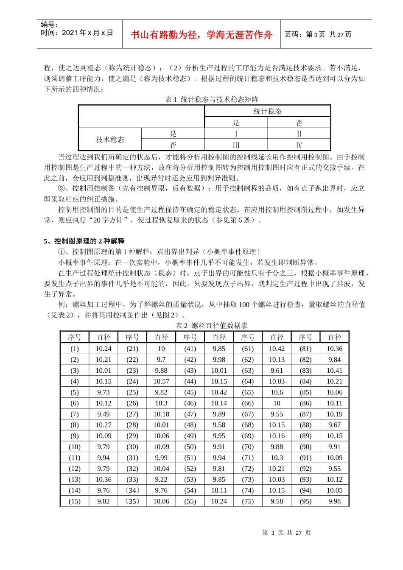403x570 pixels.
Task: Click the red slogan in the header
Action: (201, 35)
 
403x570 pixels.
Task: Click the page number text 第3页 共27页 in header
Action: (318, 34)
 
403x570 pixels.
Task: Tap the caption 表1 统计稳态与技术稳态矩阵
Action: (212, 99)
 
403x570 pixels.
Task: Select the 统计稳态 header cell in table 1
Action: (267, 111)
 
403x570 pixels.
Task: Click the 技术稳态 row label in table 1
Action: (110, 139)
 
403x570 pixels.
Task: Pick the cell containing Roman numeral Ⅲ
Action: (236, 145)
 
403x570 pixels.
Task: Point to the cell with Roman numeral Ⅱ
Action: (299, 134)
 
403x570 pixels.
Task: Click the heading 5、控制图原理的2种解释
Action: (84, 241)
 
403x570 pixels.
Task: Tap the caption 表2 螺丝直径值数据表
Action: (212, 325)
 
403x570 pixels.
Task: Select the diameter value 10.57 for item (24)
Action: (161, 381)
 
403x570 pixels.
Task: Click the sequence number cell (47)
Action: (190, 414)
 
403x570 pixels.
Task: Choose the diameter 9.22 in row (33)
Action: (161, 479)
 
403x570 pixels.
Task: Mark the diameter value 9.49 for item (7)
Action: (104, 414)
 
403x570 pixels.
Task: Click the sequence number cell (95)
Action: (305, 501)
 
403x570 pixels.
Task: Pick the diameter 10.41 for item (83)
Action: (334, 370)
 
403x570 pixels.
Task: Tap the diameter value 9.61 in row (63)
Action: (277, 370)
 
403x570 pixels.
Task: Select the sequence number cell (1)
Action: (75, 349)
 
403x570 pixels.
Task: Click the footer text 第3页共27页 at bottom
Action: (286, 533)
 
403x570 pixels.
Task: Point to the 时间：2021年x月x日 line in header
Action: (77, 33)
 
